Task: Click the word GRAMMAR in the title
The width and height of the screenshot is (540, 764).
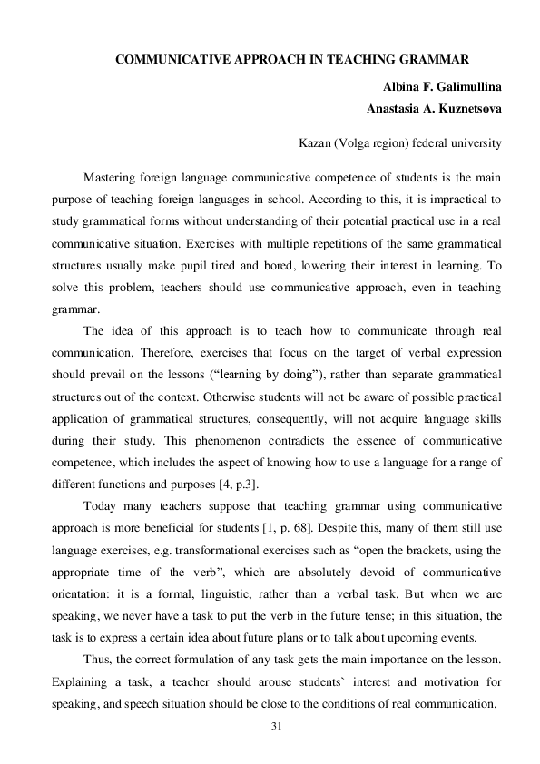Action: pyautogui.click(x=429, y=61)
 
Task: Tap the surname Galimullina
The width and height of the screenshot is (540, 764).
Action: pyautogui.click(x=457, y=87)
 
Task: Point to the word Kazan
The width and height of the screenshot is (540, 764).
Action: pyautogui.click(x=316, y=142)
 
